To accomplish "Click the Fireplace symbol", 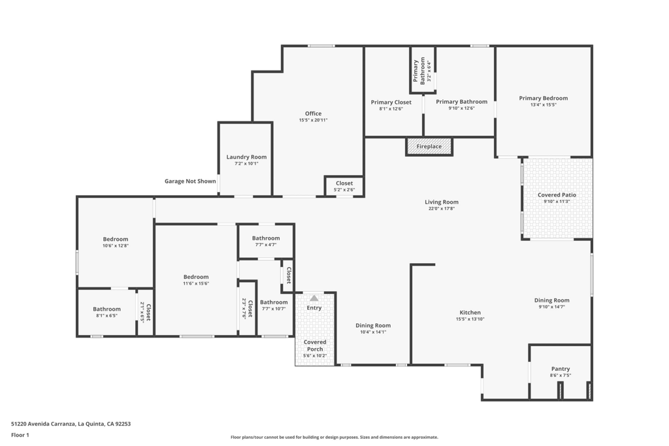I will coord(429,146).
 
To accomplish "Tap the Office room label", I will coord(313,114).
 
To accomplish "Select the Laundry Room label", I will coord(246,157).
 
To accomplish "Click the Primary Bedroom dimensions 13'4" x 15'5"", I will coord(543,104).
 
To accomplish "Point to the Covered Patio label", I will coord(557,195).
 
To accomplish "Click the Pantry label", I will coord(560,369).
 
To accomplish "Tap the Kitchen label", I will coord(470,313).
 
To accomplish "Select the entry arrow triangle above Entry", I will coord(314,298).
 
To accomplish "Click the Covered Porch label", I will coord(314,345).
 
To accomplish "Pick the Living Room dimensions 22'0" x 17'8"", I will coord(442,208).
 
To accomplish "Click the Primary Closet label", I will coord(391,102).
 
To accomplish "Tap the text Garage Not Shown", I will coord(190,181).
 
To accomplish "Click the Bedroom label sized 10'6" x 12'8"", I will coord(115,239).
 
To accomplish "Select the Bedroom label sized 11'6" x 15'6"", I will coord(196,277).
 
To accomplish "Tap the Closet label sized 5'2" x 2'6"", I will coord(344,183).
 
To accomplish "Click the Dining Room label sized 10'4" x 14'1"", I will coord(373,325).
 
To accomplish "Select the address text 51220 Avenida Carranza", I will coord(44,424).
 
